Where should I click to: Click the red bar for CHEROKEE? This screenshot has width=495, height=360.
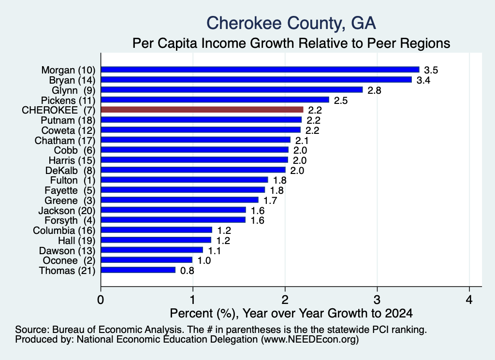click(202, 110)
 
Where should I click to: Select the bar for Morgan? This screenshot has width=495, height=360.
click(260, 70)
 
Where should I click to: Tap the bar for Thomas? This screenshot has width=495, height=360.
click(138, 270)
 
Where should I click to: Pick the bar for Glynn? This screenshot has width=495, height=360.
click(232, 90)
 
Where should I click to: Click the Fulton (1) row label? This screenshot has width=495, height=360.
click(73, 180)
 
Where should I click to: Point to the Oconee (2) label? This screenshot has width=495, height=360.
click(69, 260)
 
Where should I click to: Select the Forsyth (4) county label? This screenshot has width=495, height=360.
click(70, 220)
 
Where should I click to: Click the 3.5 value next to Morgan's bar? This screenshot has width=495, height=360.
click(431, 70)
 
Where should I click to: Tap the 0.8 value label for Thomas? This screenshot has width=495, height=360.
click(187, 271)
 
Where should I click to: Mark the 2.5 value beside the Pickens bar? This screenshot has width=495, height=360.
click(341, 101)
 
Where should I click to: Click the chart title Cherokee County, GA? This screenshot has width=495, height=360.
click(291, 23)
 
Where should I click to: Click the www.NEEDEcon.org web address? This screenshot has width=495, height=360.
click(310, 340)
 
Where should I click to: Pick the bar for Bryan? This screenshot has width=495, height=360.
click(256, 80)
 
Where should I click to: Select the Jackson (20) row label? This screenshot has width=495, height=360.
click(67, 211)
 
